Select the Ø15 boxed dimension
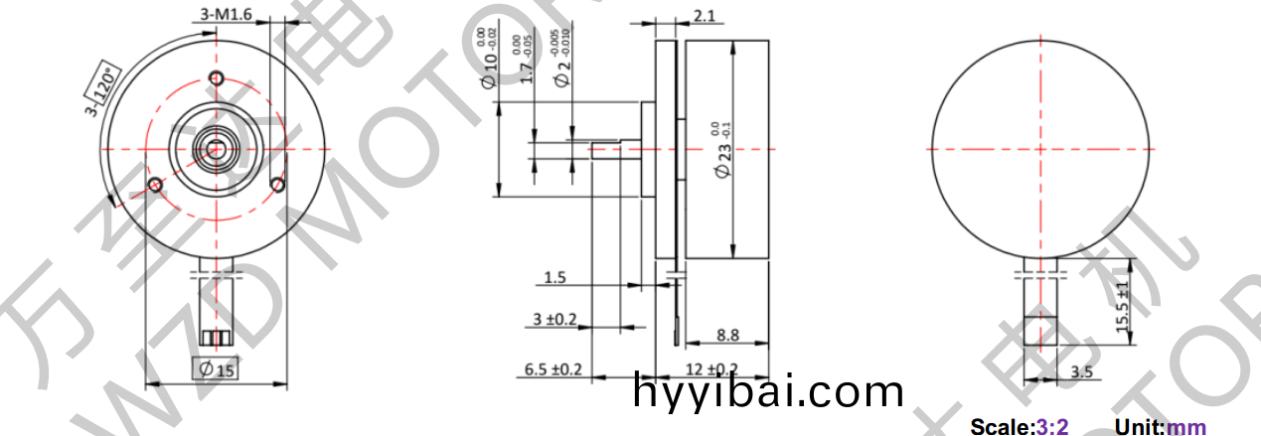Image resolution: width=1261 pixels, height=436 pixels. [x=216, y=368]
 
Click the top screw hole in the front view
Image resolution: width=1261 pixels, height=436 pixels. [x=216, y=79]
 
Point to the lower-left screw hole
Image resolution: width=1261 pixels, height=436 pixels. [x=154, y=184]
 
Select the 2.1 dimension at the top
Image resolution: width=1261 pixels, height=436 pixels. [x=705, y=16]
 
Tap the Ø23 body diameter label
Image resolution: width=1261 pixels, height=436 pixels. [x=724, y=150]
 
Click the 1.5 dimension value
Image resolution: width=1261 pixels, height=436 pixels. [x=554, y=278]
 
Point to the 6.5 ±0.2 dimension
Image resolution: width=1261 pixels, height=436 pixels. [x=552, y=369]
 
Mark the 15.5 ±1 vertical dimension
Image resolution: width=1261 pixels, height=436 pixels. [x=1123, y=310]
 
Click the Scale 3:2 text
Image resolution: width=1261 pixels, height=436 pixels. [x=1020, y=427]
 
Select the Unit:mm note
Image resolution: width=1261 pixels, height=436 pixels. [x=1161, y=427]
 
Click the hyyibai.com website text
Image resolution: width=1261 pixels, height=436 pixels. [x=768, y=392]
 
